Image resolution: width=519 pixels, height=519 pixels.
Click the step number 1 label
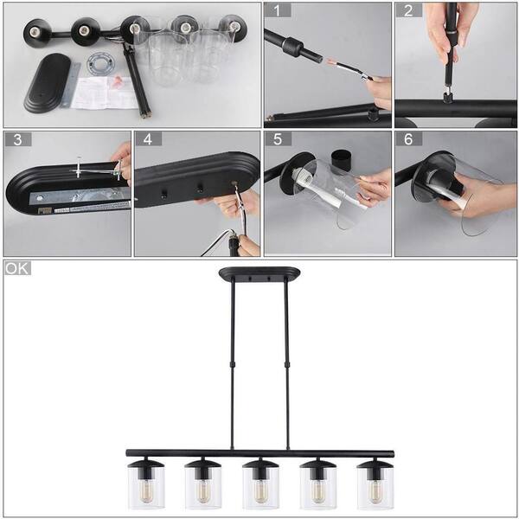tap(278, 11)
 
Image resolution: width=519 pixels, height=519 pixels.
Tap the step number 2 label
tap(408, 11)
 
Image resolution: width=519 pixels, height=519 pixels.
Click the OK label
tap(17, 268)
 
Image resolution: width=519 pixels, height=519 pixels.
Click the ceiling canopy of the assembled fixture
tap(259, 274)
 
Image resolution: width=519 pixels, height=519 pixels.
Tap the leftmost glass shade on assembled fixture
tap(145, 486)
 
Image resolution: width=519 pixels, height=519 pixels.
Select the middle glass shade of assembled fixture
tap(259, 486)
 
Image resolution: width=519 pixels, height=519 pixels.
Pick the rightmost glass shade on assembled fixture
tap(375, 486)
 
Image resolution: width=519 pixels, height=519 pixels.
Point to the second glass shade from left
tap(202, 486)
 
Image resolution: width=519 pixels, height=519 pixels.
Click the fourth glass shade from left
tap(317, 486)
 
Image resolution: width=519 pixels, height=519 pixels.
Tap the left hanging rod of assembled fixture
tap(232, 363)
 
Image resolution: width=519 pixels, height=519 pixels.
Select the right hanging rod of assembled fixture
tap(285, 363)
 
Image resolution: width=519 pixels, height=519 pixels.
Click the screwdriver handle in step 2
tap(452, 35)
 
